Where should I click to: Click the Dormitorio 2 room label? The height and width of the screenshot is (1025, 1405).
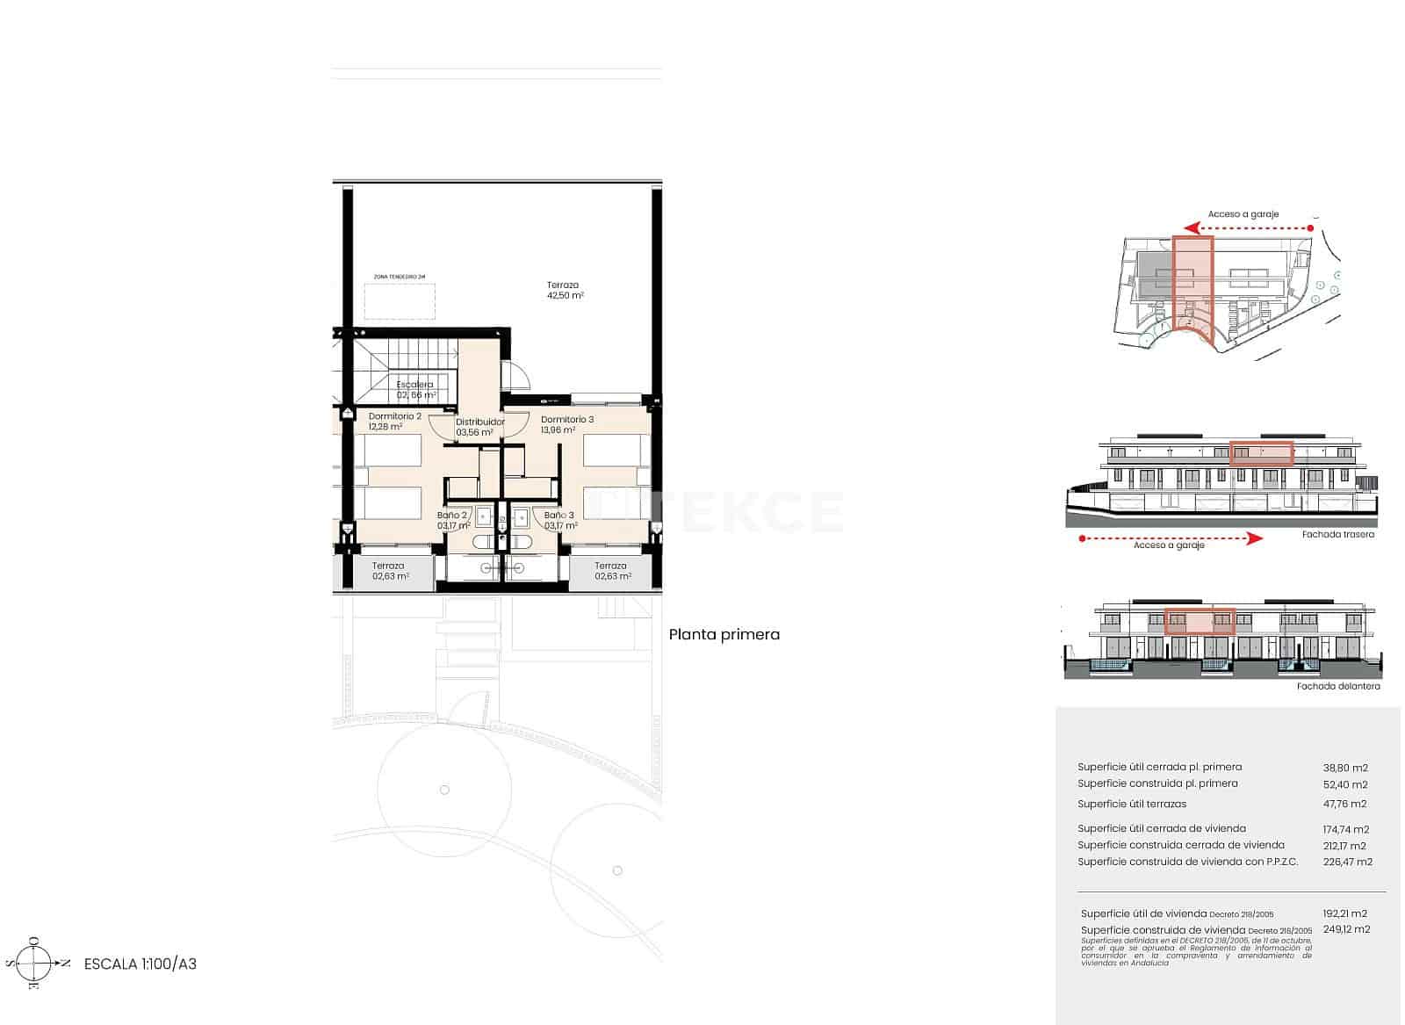coord(394,422)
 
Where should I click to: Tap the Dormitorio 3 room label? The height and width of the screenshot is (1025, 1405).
coord(566,424)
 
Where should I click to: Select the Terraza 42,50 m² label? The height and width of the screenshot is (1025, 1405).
coord(564,290)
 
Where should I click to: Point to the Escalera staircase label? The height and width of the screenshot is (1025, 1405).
coord(414,389)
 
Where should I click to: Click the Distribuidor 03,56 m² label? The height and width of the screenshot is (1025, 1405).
coord(479,427)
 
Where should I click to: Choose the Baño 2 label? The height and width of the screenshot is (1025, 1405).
coord(453,521)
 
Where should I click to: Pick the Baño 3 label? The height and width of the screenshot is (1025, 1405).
coord(560,521)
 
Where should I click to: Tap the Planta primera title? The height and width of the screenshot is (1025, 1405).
coord(724,634)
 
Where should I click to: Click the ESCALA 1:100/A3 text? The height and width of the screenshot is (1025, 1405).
coord(140,964)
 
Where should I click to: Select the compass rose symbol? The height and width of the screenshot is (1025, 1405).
coord(35,964)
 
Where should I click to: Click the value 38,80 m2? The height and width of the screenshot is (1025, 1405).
coord(1344,768)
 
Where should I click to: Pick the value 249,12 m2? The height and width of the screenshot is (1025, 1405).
coord(1346,929)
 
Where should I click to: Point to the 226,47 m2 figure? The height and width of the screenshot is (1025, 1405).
coord(1347,862)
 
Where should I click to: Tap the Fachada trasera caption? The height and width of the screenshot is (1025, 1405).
coord(1338,534)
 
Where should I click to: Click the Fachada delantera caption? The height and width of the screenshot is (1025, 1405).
coord(1337,686)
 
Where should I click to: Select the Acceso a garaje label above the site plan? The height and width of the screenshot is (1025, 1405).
coord(1243,214)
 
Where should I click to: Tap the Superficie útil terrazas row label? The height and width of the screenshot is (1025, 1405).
coord(1131,804)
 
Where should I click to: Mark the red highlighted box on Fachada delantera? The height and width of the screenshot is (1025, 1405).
coord(1200,621)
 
